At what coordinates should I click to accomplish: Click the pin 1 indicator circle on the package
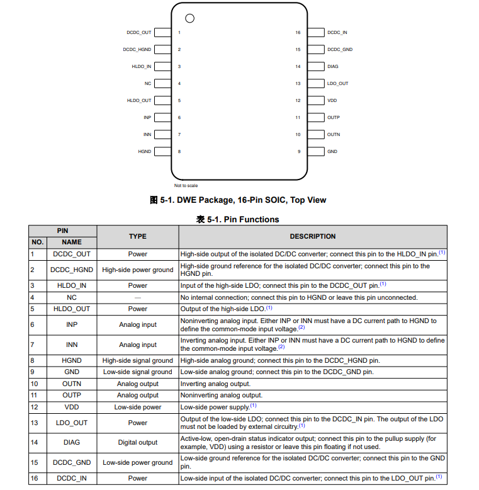point(189,18)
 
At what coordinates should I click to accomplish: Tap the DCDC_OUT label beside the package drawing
point(138,32)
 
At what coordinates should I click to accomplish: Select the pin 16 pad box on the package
point(317,32)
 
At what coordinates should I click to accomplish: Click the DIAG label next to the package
point(333,66)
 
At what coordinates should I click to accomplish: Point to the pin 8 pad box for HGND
point(162,151)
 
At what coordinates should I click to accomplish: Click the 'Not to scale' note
point(186,186)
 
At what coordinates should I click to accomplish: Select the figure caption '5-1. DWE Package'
point(238,200)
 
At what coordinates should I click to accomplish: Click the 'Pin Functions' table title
point(238,219)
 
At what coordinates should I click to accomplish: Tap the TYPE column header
point(137,236)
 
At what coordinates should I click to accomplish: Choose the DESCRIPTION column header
point(313,236)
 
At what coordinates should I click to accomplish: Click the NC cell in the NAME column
point(72,297)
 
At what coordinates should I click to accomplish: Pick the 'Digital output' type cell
point(138,442)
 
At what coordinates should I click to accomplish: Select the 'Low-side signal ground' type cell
point(138,372)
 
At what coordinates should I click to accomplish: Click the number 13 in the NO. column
point(35,423)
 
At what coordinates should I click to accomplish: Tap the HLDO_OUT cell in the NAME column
point(72,309)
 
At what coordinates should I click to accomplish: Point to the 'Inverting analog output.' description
point(215,384)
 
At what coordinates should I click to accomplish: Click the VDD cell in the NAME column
point(72,407)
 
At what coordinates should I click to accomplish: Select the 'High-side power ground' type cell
point(138,270)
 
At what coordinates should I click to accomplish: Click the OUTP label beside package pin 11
point(334,117)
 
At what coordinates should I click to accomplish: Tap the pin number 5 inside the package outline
point(179,100)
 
